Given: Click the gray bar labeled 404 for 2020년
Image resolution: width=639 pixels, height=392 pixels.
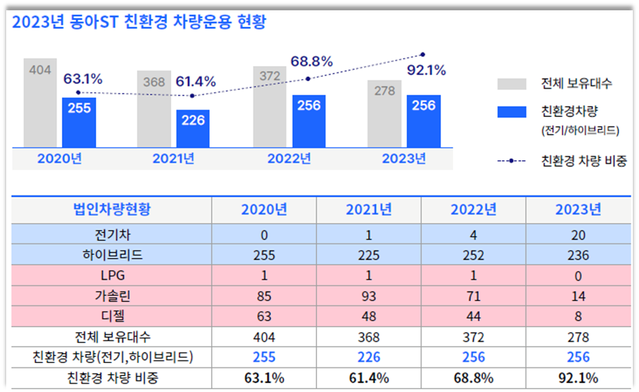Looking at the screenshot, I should (41, 103).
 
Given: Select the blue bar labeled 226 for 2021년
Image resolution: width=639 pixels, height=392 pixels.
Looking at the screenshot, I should (193, 129).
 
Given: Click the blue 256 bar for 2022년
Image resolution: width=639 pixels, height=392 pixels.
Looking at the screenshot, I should (309, 121).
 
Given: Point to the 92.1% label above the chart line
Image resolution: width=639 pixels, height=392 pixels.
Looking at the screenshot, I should (426, 69).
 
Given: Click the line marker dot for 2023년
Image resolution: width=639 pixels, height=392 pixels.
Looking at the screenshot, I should (422, 54).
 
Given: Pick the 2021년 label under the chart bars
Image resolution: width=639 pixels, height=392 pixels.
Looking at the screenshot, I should (173, 158).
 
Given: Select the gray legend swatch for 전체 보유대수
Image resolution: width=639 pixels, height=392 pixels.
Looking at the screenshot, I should (512, 84).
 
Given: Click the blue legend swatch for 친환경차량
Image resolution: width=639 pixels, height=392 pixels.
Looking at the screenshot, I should (512, 111).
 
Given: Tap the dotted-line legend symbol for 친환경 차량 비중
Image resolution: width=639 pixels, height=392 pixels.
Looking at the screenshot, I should (512, 162).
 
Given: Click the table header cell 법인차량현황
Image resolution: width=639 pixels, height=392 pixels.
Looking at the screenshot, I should (111, 210).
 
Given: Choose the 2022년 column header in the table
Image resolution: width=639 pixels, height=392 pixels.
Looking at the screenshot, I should (473, 210).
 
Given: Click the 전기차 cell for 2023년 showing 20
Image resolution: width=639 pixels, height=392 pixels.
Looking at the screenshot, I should (578, 235).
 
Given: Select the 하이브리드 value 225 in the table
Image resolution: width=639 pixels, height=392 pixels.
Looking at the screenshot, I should (369, 256).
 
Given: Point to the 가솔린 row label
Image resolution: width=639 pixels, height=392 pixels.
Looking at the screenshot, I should (111, 296).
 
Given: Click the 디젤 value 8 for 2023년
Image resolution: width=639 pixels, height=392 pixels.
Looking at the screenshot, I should (578, 317).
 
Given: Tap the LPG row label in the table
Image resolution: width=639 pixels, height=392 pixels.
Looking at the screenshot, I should (111, 276).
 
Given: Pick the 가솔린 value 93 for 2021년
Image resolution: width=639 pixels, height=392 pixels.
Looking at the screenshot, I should (369, 296).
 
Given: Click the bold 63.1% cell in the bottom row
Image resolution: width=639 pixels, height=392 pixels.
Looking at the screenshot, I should (264, 378).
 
